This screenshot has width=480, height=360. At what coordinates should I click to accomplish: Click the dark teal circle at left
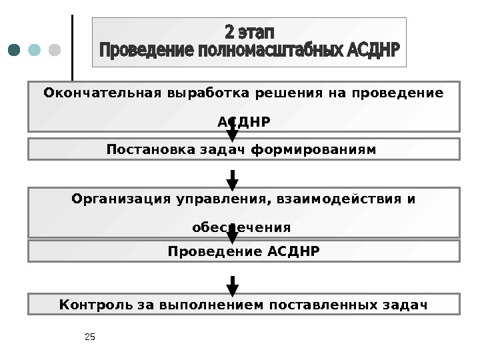tap(15, 51)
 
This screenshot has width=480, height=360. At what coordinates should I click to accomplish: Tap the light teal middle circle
tap(35, 51)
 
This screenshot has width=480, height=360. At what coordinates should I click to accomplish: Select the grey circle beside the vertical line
tap(55, 51)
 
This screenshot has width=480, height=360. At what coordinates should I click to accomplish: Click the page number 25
tap(91, 337)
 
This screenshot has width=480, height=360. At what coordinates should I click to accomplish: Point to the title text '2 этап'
tap(249, 32)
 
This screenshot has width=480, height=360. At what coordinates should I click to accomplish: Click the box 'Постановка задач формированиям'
tap(244, 149)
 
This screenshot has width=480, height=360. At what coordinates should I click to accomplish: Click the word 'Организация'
tap(108, 199)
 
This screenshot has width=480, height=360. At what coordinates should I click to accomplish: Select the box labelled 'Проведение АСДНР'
tap(244, 251)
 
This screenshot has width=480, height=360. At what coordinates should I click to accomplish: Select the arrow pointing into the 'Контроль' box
tap(233, 285)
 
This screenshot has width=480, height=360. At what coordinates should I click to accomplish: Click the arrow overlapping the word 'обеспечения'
tap(233, 233)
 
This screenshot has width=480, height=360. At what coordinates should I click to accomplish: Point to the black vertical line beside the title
tap(72, 47)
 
